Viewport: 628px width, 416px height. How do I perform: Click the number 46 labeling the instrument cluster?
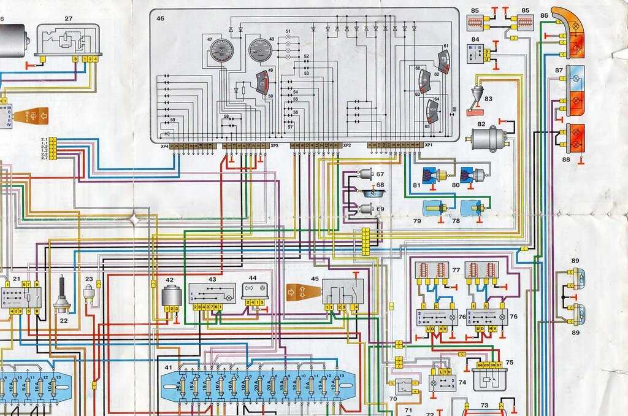[x=160, y=19]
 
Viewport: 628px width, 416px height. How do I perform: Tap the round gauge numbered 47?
[x=221, y=50]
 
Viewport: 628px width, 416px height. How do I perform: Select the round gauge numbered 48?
[x=260, y=50]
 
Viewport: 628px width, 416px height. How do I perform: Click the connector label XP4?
[x=164, y=147]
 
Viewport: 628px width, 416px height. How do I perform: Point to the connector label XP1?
[x=429, y=146]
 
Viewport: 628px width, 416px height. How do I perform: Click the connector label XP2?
[x=347, y=146]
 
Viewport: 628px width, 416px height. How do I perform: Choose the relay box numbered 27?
[x=68, y=39]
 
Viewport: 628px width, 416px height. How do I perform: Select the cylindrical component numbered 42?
[x=171, y=294]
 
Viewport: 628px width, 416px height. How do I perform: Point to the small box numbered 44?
[x=254, y=290]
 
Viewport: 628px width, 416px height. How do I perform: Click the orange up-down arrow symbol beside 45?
[x=300, y=291]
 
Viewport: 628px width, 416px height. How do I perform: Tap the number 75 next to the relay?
[x=509, y=363]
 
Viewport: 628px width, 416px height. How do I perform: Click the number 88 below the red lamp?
[x=565, y=160]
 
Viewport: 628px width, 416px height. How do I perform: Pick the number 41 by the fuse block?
[x=168, y=367]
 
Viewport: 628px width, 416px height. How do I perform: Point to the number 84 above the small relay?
[x=475, y=39]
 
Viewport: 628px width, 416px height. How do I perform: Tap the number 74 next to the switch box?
[x=462, y=382]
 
